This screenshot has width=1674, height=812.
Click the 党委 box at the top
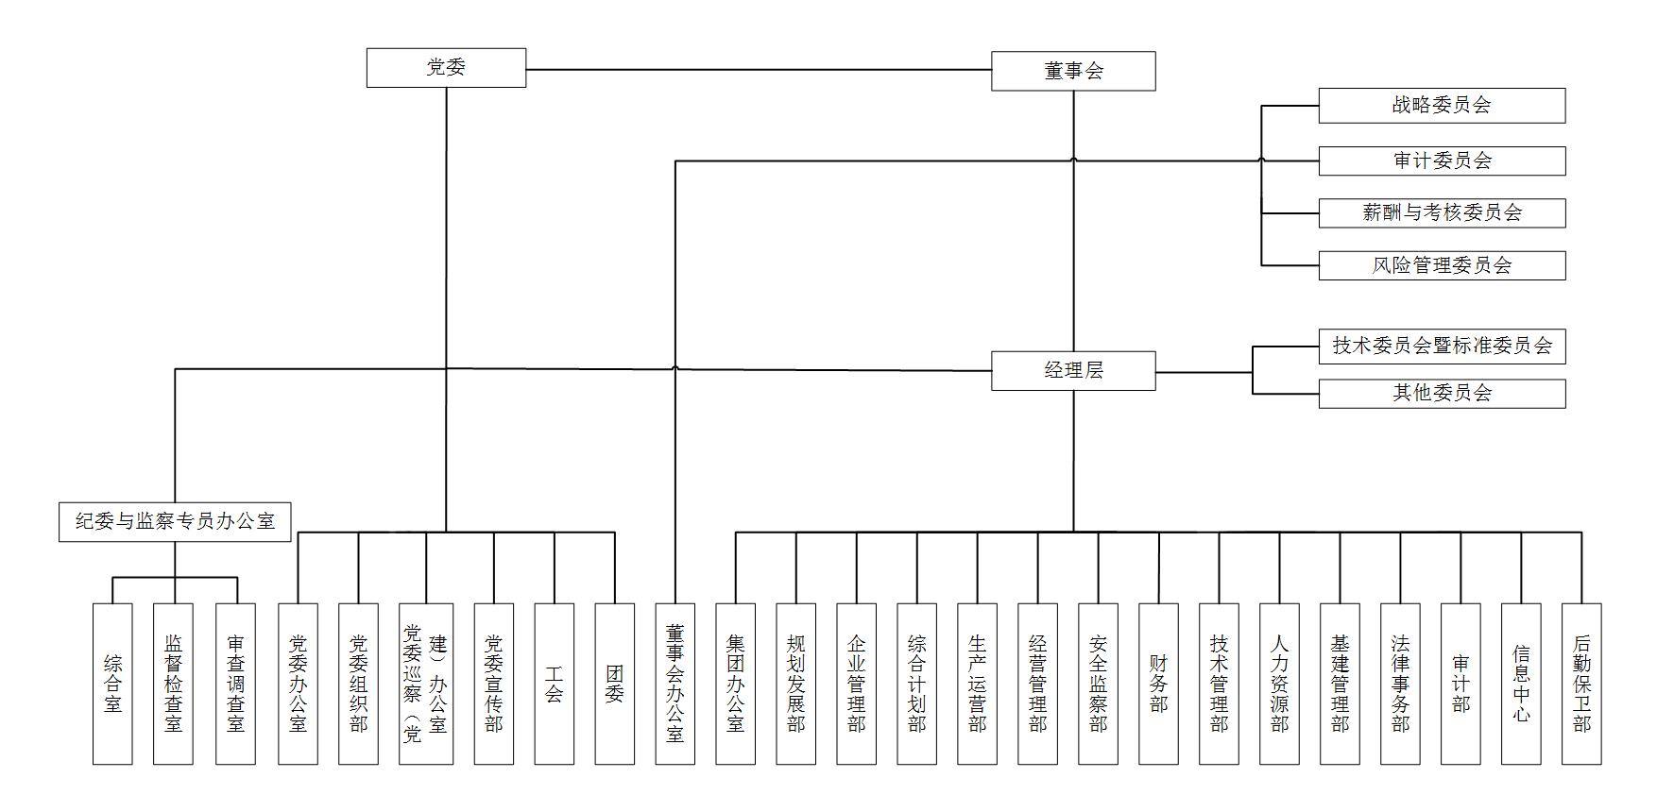click(x=446, y=68)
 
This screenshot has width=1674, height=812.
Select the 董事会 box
click(x=1073, y=71)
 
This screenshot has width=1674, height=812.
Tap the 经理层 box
click(x=1073, y=370)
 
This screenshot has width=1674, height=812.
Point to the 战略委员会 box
click(x=1442, y=106)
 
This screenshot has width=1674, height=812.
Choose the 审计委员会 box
click(x=1442, y=161)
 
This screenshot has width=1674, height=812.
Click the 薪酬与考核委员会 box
click(x=1442, y=212)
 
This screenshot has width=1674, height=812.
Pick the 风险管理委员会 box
click(x=1442, y=265)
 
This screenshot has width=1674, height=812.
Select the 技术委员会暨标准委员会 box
click(x=1442, y=346)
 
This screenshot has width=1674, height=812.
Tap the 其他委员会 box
click(x=1442, y=393)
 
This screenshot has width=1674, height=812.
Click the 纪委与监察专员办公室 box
click(x=175, y=521)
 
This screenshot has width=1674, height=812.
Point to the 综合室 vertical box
click(x=112, y=684)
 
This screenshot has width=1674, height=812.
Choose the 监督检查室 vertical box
click(x=173, y=684)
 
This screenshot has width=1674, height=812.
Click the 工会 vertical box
click(x=555, y=684)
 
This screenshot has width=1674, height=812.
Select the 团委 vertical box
click(x=615, y=684)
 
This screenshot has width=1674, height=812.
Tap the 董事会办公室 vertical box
click(x=675, y=684)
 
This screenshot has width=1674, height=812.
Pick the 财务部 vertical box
click(x=1159, y=684)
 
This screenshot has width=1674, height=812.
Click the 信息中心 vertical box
click(x=1521, y=684)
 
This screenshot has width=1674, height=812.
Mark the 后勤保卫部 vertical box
click(x=1581, y=684)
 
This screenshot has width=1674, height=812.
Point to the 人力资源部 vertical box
click(x=1280, y=684)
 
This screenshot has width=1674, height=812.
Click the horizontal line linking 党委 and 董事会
click(x=756, y=69)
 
